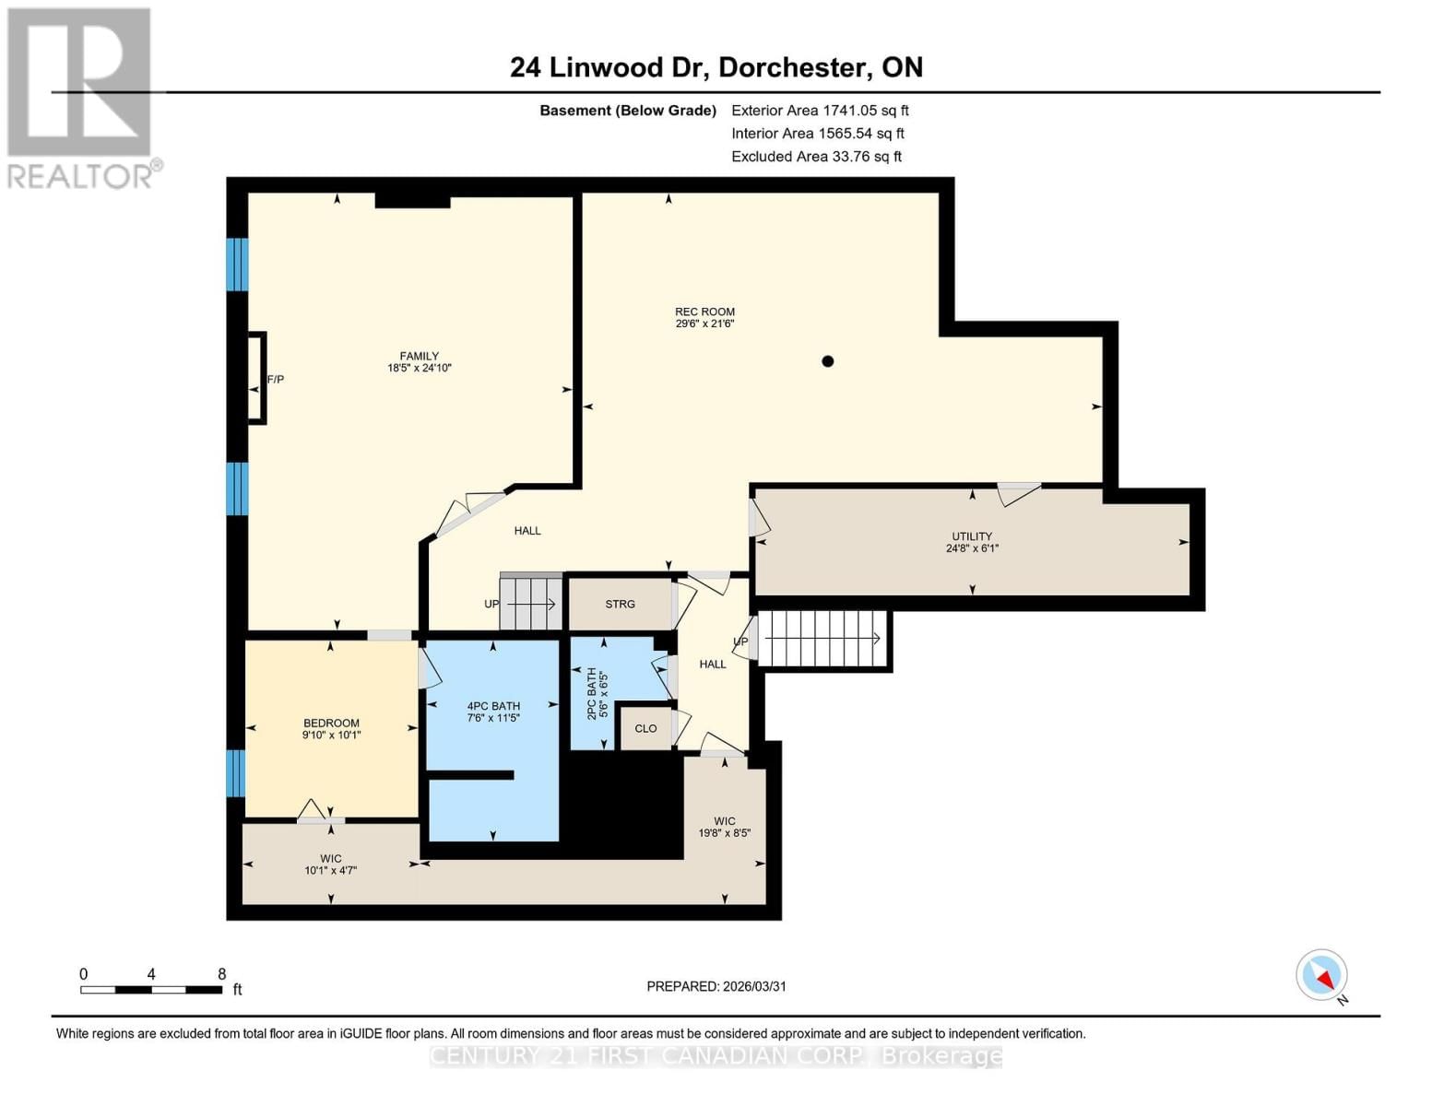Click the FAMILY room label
click(419, 361)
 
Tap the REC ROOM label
click(704, 317)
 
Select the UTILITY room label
click(972, 542)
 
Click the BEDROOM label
click(331, 729)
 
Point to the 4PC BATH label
click(493, 712)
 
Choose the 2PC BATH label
click(598, 694)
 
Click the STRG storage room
click(620, 605)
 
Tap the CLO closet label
click(645, 728)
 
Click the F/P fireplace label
click(275, 379)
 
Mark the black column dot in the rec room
click(828, 361)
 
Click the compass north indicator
click(1322, 975)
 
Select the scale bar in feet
click(151, 989)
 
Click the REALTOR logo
click(81, 98)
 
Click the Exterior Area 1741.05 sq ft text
click(820, 111)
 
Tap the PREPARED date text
click(716, 986)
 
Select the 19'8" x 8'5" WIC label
click(725, 827)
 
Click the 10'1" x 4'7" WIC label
click(330, 865)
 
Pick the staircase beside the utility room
click(821, 639)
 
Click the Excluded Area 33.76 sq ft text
click(816, 157)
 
